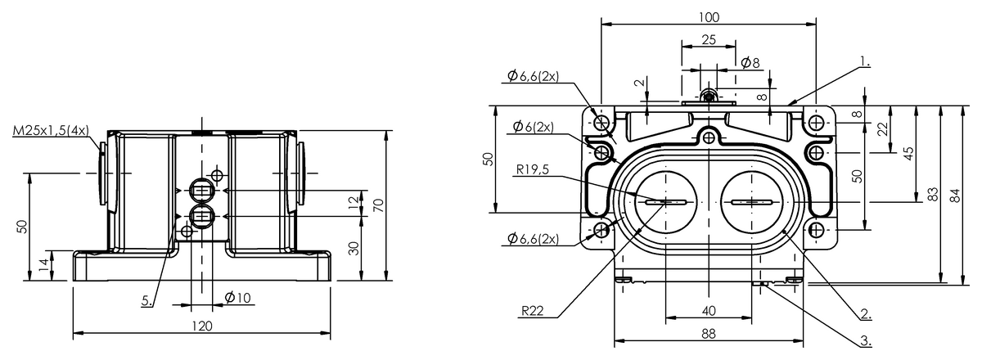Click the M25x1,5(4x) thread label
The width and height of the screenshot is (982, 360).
click(51, 131)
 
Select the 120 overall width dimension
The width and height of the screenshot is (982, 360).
click(202, 326)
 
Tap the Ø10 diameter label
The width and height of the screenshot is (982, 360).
click(237, 298)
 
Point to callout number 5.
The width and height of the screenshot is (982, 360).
click(147, 301)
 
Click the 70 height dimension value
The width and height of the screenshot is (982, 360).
click(378, 205)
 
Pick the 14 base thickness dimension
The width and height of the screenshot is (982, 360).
click(44, 265)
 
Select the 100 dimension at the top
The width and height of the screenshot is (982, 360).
click(709, 17)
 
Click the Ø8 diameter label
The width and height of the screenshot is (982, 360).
click(750, 63)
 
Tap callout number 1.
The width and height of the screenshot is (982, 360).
click(864, 61)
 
